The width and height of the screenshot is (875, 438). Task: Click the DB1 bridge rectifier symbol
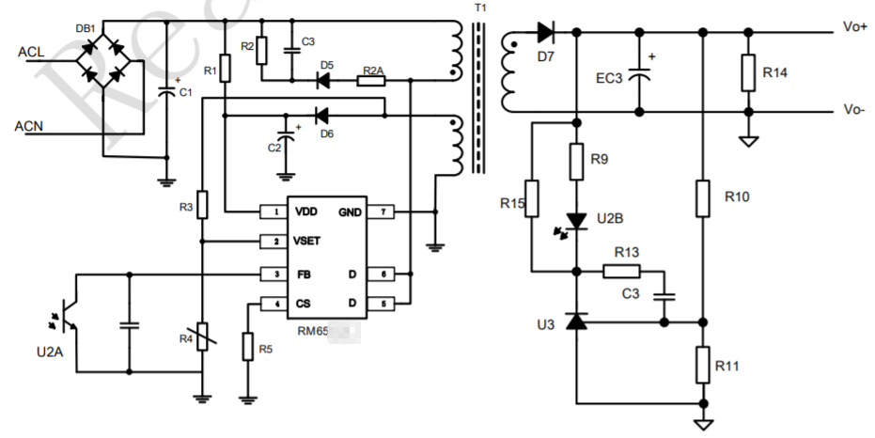click(x=103, y=58)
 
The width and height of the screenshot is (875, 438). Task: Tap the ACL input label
click(x=32, y=51)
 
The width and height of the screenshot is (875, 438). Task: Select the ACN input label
click(x=32, y=124)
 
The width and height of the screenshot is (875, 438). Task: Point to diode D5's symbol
click(x=324, y=81)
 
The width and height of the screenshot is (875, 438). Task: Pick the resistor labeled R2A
click(x=371, y=81)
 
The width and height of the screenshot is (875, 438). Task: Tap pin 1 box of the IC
click(x=273, y=211)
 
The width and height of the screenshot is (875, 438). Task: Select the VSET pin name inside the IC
click(x=307, y=242)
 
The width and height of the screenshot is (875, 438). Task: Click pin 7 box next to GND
click(x=380, y=211)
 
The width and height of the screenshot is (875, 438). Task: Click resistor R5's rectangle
click(x=247, y=347)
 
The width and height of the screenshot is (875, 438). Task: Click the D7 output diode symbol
click(x=545, y=33)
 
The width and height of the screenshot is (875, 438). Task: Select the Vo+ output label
click(x=854, y=27)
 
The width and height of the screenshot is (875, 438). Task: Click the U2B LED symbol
click(x=577, y=222)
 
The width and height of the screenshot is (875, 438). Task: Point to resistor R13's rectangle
click(x=620, y=272)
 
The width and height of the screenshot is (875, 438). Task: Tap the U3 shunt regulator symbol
click(x=577, y=321)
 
